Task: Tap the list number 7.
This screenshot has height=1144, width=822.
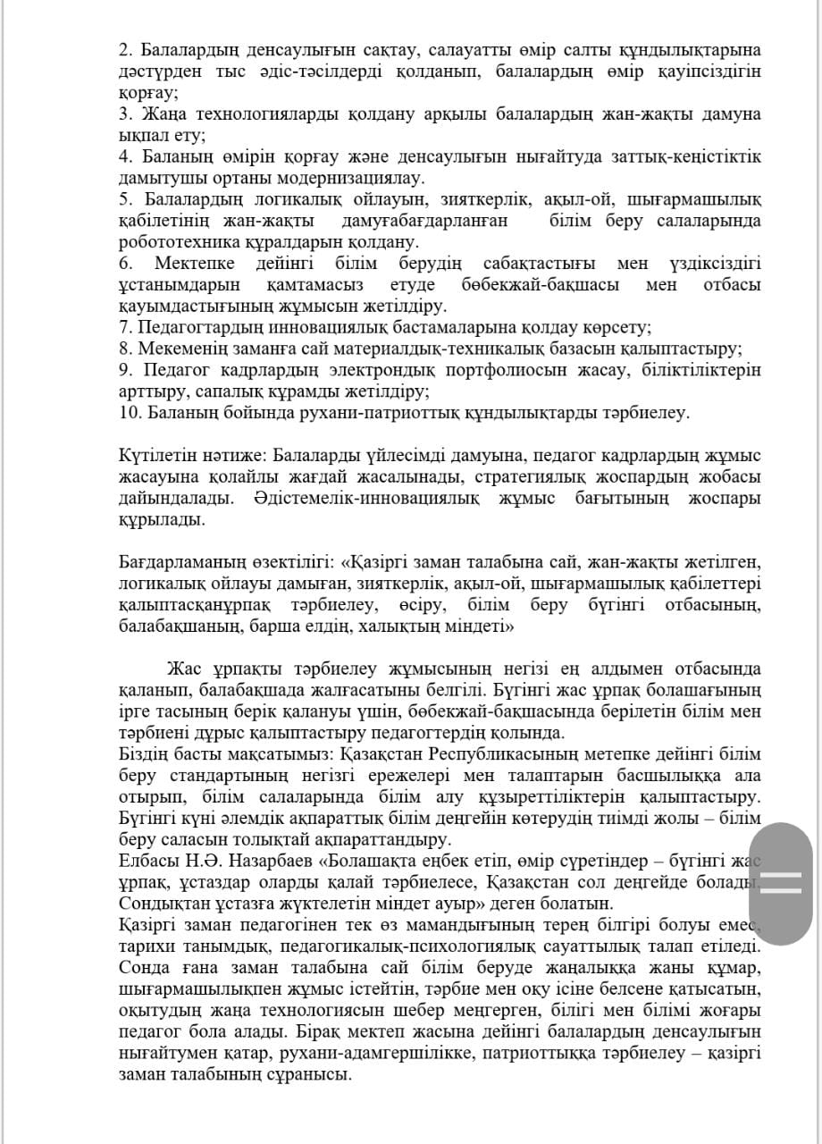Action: [x=123, y=327]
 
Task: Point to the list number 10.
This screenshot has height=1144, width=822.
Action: [x=128, y=412]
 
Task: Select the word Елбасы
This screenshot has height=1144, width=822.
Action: [x=144, y=861]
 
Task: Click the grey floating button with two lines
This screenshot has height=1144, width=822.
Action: [x=781, y=882]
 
